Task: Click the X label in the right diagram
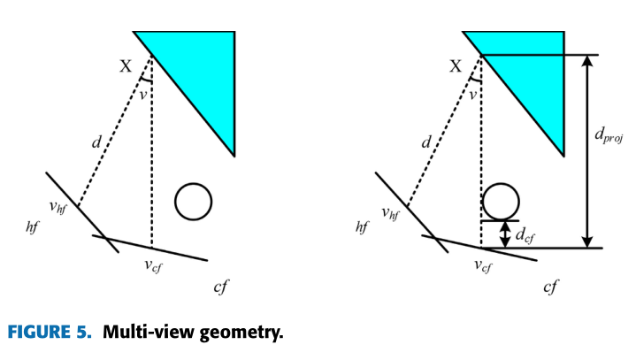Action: tap(456, 65)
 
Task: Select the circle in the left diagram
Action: tap(193, 201)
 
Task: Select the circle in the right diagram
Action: tap(500, 200)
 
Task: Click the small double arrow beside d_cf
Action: tap(505, 234)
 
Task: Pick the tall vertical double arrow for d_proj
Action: tap(585, 150)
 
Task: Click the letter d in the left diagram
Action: tap(96, 141)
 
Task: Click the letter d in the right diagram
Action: tap(425, 141)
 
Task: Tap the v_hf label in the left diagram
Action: tap(59, 209)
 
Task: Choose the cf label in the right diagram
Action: tap(551, 288)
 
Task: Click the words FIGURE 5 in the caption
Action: tap(50, 333)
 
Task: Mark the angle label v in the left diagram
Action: tap(142, 96)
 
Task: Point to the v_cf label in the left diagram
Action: tap(156, 265)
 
